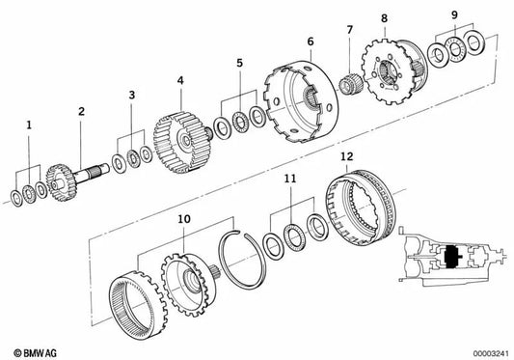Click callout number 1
point(29,125)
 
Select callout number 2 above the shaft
point(82,112)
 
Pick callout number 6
point(310,42)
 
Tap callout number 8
point(383,18)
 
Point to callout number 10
point(183,221)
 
